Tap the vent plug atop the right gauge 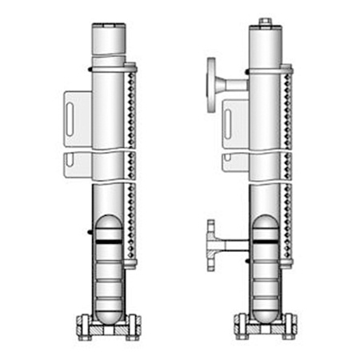[266, 22]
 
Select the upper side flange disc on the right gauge [212, 82]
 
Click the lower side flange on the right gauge [211, 244]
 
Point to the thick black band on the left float [108, 240]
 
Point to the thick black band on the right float [266, 240]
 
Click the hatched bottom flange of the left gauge [108, 326]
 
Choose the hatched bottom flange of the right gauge [266, 326]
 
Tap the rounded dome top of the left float [108, 220]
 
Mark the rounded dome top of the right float [266, 220]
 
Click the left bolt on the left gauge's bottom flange [83, 325]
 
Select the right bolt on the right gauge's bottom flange [291, 325]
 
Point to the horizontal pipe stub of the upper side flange [234, 83]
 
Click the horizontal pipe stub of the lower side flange [234, 244]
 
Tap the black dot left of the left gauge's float [88, 233]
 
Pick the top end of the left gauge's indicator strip [132, 67]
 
